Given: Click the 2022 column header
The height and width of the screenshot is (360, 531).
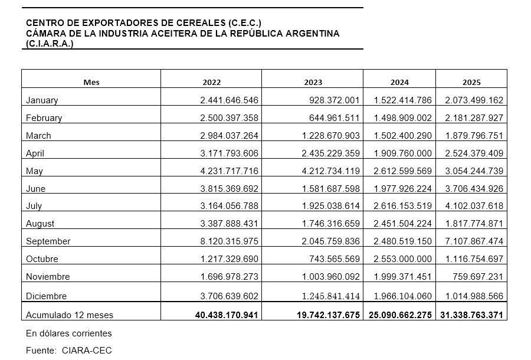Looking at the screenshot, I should point(211,82).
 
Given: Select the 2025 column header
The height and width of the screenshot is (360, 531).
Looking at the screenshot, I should point(471,82).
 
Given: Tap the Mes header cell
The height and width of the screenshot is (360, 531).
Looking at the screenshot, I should point(91,82).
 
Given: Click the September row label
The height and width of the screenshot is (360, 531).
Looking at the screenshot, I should point(48,241).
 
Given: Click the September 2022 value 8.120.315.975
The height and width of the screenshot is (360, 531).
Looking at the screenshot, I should point(230,241).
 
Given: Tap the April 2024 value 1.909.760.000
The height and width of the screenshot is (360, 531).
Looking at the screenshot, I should point(403,153).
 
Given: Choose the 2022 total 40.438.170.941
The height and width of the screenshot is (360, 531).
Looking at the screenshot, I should point(227,315).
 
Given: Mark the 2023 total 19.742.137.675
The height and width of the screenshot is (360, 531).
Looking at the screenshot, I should point(328,315).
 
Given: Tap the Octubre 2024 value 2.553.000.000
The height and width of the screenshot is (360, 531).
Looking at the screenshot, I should point(403,259).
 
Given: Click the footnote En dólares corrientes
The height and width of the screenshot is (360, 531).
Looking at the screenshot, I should point(69,333).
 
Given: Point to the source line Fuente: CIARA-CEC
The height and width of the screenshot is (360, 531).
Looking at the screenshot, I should point(69,351).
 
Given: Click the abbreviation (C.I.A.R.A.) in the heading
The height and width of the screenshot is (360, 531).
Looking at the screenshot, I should point(50,44).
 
